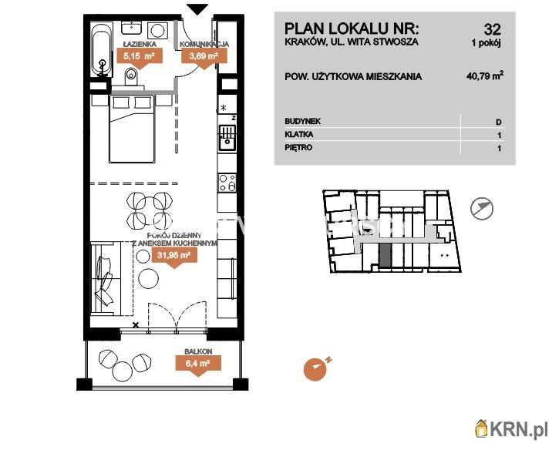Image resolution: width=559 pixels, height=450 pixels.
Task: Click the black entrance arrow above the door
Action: pyautogui.click(x=197, y=9)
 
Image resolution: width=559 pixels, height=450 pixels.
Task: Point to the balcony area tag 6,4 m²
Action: pyautogui.click(x=198, y=365)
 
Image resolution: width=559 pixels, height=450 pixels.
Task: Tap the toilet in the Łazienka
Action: pyautogui.click(x=131, y=76)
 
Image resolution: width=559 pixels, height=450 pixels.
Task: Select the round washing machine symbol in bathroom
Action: pyautogui.click(x=157, y=30)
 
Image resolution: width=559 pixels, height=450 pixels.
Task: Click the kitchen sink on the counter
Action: pyautogui.click(x=227, y=137)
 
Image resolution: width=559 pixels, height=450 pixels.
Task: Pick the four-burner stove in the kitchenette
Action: pyautogui.click(x=227, y=183)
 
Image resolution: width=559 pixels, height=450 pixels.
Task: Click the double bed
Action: pyautogui.click(x=133, y=129)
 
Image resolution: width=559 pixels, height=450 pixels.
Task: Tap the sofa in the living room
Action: pyautogui.click(x=106, y=278)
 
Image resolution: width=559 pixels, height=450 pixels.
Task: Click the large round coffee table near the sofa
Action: pyautogui.click(x=148, y=278)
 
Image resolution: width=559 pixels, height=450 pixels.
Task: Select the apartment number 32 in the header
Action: pyautogui.click(x=493, y=29)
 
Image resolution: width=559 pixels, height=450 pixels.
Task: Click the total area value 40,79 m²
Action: pyautogui.click(x=485, y=76)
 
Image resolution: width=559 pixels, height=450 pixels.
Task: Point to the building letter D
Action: pyautogui.click(x=499, y=122)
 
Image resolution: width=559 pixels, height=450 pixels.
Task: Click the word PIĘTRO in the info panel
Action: pyautogui.click(x=298, y=147)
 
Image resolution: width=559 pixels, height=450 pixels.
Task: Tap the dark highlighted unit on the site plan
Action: pyautogui.click(x=385, y=256)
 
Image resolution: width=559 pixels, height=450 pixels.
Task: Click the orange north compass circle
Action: pyautogui.click(x=315, y=369)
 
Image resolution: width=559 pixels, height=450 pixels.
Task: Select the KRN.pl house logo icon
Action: pyautogui.click(x=482, y=428)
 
